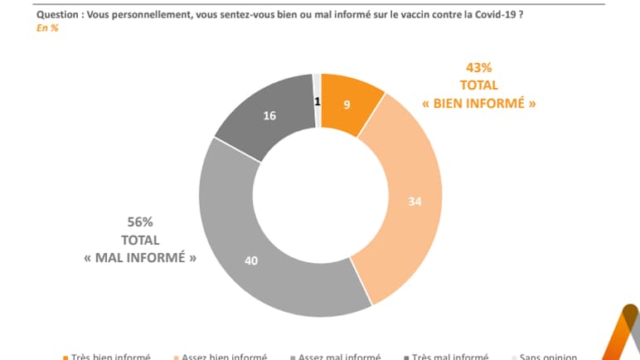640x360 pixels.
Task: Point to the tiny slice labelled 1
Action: click(317, 101)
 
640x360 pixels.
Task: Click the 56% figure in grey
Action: click(140, 222)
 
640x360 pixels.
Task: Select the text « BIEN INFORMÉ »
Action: click(478, 105)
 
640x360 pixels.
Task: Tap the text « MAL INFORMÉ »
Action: click(140, 257)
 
